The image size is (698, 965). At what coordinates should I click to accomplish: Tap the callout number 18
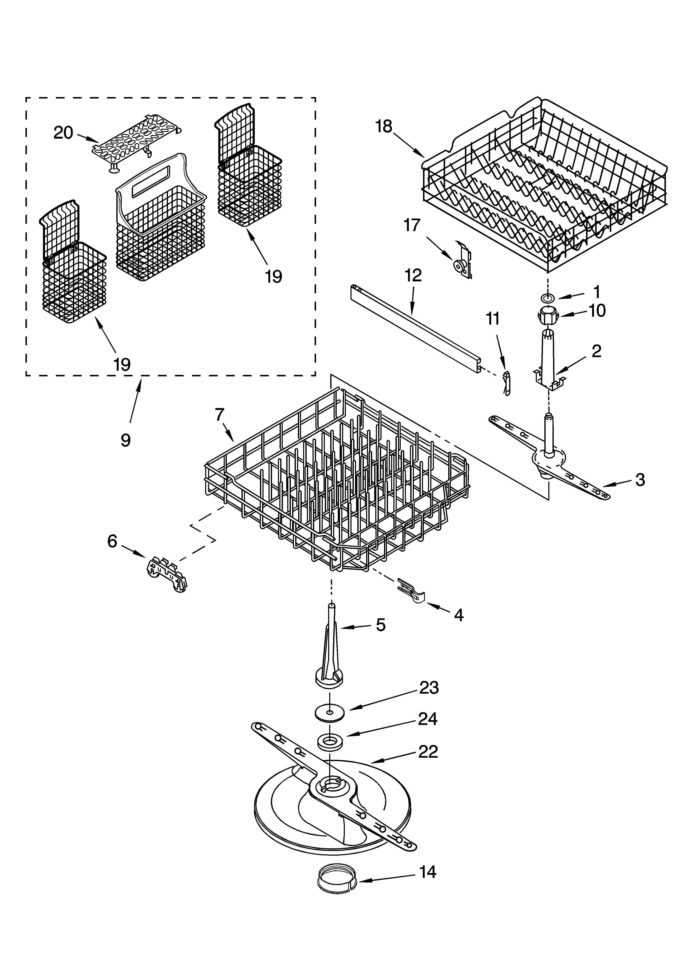click(384, 126)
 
